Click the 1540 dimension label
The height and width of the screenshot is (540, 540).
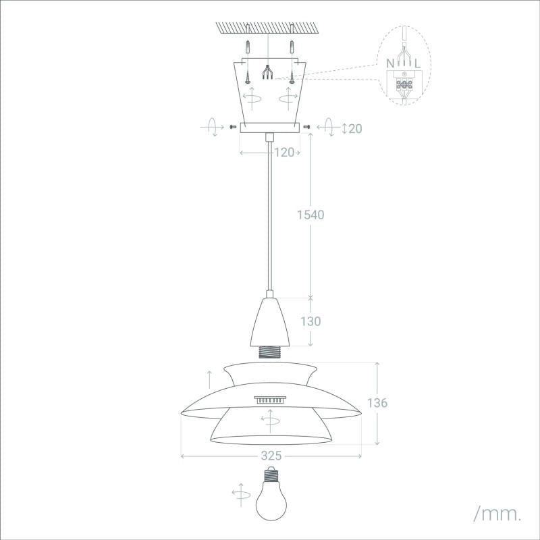pos(311,215)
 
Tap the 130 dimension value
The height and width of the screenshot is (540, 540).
pos(310,321)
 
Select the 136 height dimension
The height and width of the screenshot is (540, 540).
pos(378,403)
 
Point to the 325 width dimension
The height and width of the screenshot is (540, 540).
pos(271,456)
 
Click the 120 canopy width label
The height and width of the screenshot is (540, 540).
pos(284,153)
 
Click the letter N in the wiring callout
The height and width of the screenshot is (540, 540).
pos(391,63)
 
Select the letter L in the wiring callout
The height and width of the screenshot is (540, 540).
pos(419,63)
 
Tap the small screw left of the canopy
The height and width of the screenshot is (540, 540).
pos(233,126)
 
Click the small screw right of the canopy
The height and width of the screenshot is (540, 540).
pos(307,126)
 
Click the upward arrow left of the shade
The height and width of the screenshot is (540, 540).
pos(209,383)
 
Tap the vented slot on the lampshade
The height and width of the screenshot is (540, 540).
pos(270,400)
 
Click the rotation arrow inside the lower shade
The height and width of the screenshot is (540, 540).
pos(270,422)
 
